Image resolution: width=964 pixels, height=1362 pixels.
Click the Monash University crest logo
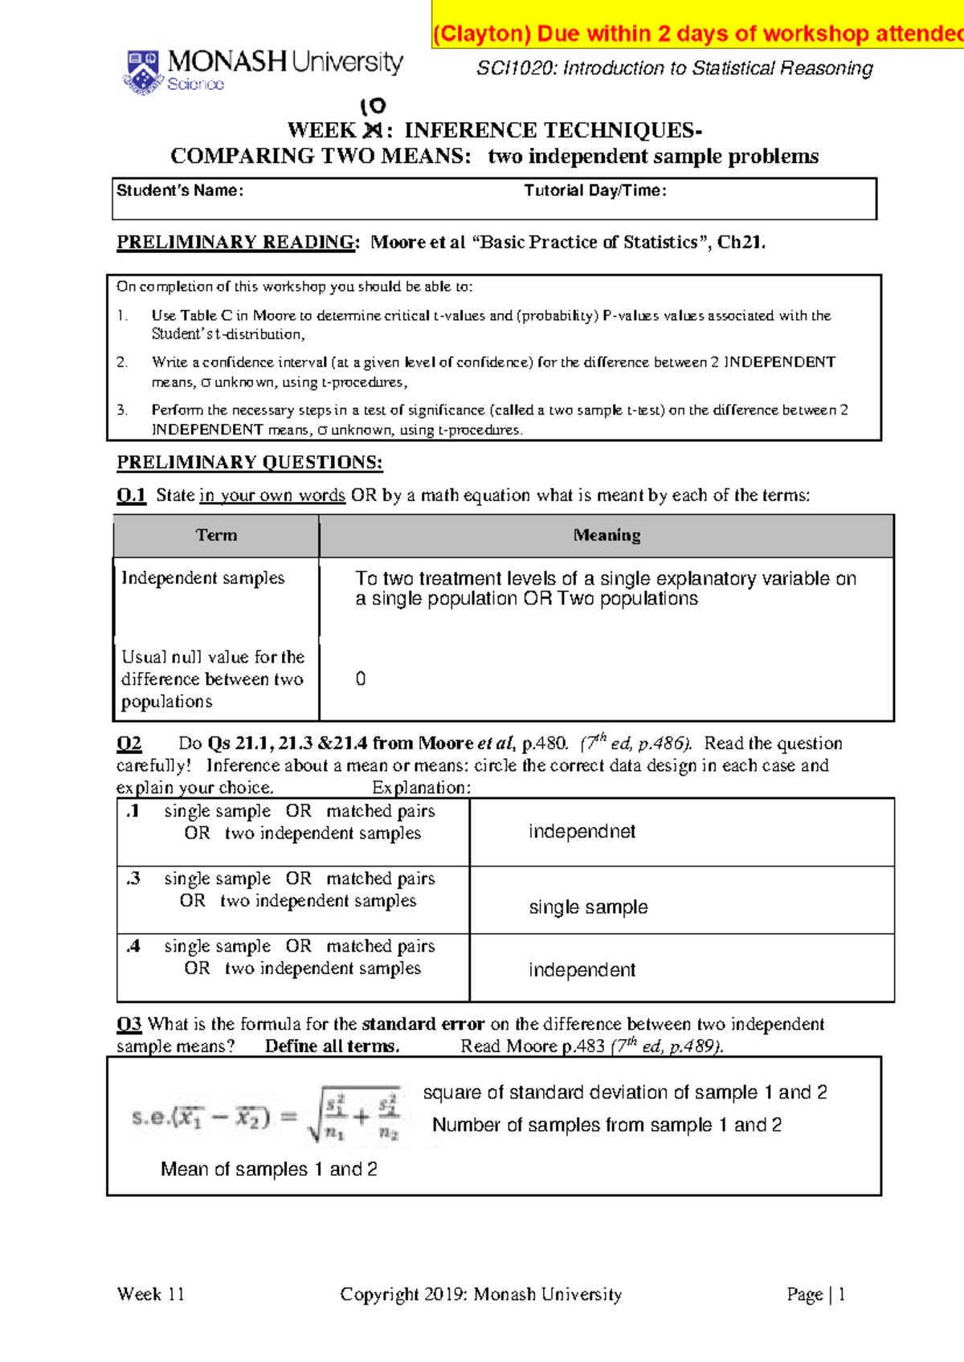143,71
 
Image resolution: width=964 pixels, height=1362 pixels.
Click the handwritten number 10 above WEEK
373,106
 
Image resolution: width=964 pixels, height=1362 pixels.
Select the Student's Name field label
180,190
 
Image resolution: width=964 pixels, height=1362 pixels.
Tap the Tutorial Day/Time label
595,190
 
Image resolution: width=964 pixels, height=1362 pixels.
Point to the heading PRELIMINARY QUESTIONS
250,463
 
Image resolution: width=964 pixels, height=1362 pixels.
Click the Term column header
216,536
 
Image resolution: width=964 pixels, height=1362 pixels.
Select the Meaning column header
607,536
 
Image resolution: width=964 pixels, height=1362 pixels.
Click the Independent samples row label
202,578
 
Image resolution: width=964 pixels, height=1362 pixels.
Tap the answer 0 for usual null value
361,679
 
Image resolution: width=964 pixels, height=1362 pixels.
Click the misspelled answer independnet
582,832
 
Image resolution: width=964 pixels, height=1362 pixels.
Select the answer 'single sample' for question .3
588,907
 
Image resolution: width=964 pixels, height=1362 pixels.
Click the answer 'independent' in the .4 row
582,970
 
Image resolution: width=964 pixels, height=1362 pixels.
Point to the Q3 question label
129,1024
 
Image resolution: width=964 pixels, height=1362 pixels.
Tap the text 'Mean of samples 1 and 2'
269,1169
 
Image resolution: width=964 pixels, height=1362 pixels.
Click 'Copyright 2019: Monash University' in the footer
480,1295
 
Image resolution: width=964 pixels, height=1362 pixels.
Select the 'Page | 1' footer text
815,1295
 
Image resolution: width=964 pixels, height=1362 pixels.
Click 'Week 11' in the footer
151,1295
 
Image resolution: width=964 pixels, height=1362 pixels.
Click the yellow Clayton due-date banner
697,34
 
